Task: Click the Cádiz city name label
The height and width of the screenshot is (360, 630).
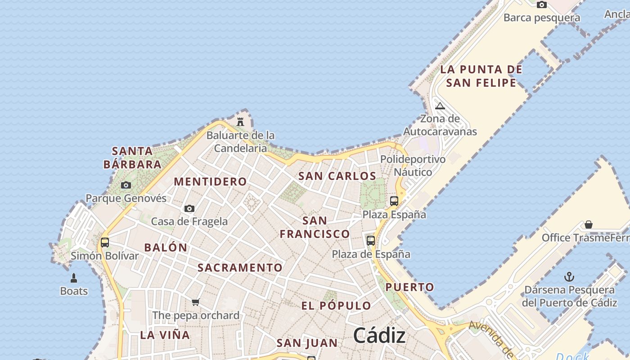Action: [x=379, y=335]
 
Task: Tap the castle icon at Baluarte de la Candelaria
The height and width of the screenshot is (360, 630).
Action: [x=240, y=121]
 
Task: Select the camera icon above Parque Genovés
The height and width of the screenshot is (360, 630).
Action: [x=126, y=185]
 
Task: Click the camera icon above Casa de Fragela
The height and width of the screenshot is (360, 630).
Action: [x=189, y=208]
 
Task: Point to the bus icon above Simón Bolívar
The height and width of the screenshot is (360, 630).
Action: [x=105, y=243]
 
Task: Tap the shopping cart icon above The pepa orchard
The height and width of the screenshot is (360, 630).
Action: [x=195, y=302]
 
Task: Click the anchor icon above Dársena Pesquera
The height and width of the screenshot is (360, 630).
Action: [x=569, y=277]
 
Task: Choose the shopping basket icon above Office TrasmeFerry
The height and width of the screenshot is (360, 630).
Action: [x=588, y=225]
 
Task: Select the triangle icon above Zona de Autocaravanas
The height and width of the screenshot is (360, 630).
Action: [x=440, y=106]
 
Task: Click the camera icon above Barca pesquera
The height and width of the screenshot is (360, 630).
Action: [x=542, y=5]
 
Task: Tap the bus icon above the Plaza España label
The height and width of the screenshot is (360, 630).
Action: [x=394, y=201]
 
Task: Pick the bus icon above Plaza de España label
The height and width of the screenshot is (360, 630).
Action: [x=371, y=241]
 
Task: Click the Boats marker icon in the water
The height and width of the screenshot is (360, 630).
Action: [x=74, y=278]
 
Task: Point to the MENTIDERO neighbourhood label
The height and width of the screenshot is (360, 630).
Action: [x=210, y=182]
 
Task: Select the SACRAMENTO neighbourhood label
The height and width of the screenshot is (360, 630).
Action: [x=240, y=268]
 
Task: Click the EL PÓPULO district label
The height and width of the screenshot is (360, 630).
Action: [x=336, y=306]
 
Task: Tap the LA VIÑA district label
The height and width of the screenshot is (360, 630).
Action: [x=165, y=335]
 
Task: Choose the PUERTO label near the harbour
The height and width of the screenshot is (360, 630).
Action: [x=410, y=287]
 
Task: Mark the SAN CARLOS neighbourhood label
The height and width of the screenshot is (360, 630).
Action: [x=337, y=176]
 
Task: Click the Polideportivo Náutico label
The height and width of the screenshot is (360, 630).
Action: [x=413, y=166]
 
